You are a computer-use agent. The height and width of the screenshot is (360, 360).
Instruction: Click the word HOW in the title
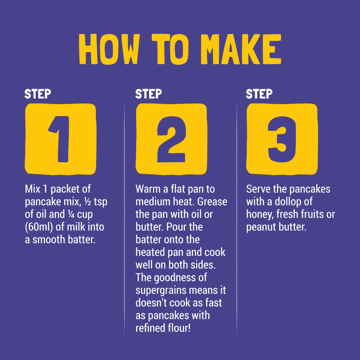click(x=109, y=49)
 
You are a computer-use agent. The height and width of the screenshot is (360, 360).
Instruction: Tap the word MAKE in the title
click(x=241, y=49)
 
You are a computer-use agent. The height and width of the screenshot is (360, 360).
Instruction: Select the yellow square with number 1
click(x=60, y=139)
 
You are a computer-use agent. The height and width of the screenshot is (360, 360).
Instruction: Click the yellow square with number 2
click(x=171, y=139)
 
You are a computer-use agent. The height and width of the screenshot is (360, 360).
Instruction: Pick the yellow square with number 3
click(x=282, y=139)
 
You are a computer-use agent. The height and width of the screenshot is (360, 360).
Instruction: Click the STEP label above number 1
click(x=37, y=94)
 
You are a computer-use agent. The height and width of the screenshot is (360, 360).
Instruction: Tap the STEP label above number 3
click(x=259, y=94)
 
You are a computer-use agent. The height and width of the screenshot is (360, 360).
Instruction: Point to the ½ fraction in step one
click(x=88, y=202)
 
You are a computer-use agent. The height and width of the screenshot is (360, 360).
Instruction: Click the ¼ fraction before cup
click(x=71, y=214)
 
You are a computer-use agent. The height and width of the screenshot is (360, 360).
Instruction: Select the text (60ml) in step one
click(x=39, y=227)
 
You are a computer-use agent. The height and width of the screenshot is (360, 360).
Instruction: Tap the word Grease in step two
click(x=212, y=202)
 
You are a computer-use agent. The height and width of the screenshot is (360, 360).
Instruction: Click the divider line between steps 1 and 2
click(x=124, y=219)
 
